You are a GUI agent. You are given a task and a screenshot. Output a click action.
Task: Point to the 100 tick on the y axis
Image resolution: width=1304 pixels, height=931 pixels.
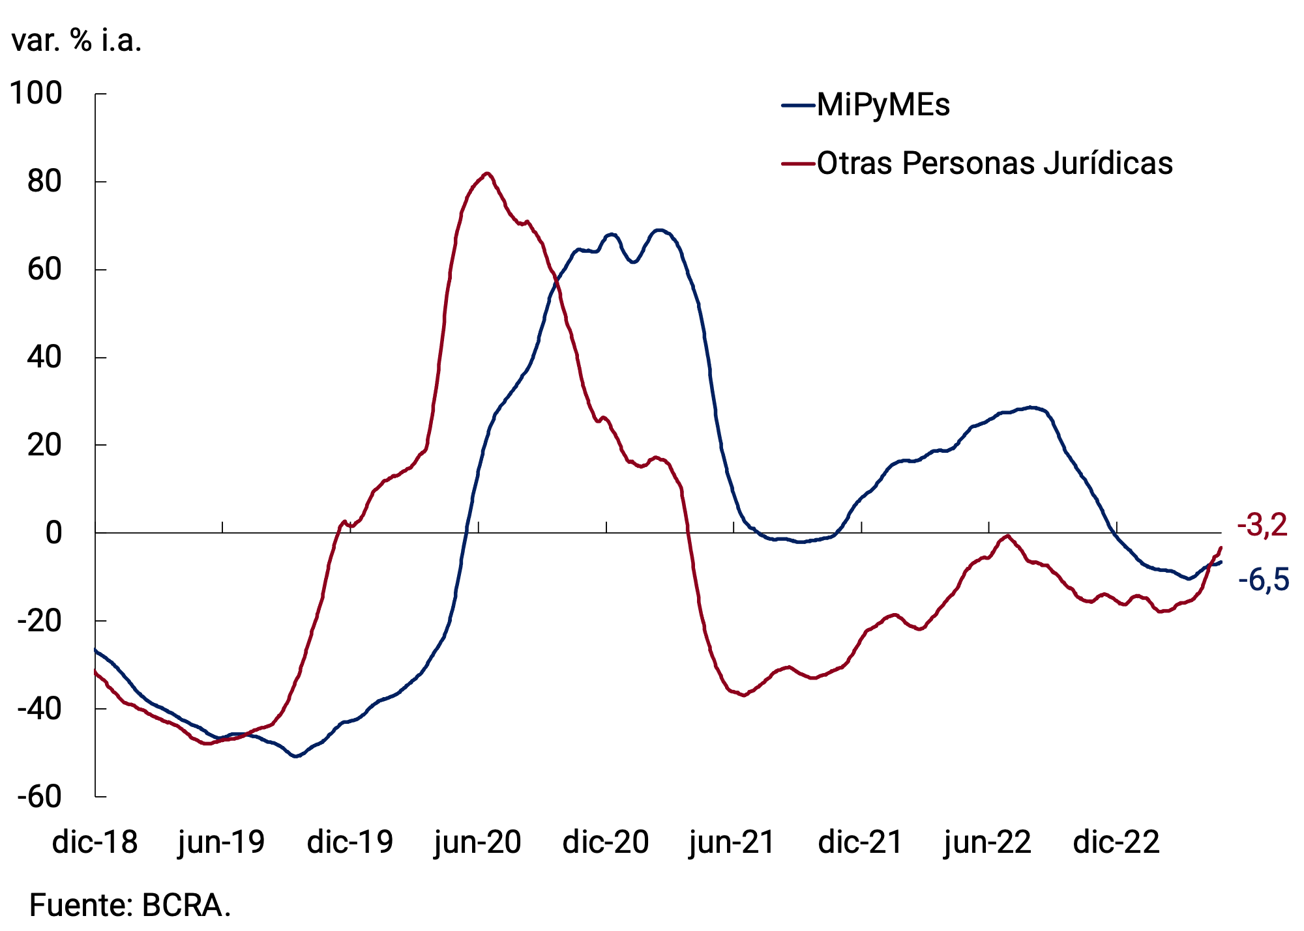click(37, 93)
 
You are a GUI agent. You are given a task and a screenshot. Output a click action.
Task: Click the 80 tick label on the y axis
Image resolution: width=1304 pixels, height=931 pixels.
click(44, 182)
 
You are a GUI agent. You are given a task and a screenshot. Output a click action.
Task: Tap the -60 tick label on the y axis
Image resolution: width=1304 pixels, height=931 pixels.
click(39, 796)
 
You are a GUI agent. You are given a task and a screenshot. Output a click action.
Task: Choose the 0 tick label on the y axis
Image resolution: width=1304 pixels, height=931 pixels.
click(53, 533)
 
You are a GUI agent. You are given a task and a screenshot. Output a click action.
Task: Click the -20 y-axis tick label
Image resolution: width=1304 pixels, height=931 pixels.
click(39, 621)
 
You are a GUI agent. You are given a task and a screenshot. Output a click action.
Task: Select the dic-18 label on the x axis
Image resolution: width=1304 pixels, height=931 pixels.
click(95, 842)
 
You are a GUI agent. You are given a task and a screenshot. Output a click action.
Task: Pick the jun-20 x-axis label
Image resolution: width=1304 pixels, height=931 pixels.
click(478, 842)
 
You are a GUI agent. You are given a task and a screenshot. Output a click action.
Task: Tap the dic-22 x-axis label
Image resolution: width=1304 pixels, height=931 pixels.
click(1116, 842)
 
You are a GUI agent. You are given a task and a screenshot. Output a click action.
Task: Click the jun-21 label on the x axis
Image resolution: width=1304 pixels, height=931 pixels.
click(733, 842)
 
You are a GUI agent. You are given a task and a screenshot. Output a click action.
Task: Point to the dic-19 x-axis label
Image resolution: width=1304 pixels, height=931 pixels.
click(350, 842)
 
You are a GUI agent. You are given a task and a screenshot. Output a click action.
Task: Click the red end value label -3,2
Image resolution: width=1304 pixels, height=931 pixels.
click(1262, 525)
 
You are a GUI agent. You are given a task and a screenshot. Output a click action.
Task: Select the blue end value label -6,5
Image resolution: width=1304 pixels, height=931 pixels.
click(1264, 579)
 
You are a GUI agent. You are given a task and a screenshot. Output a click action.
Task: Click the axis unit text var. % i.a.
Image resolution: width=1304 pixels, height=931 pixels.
click(76, 40)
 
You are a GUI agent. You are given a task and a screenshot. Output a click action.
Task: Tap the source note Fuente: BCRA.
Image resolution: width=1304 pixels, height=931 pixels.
click(130, 905)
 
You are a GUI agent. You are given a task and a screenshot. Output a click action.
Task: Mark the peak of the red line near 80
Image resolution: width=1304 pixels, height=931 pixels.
click(487, 173)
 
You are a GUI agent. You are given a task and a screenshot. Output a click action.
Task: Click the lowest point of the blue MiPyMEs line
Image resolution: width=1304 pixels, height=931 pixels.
click(296, 756)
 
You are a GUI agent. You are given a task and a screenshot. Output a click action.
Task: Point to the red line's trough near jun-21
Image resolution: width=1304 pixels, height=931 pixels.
click(743, 695)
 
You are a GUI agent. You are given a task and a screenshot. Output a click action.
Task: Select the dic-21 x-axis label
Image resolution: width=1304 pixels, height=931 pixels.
click(861, 842)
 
